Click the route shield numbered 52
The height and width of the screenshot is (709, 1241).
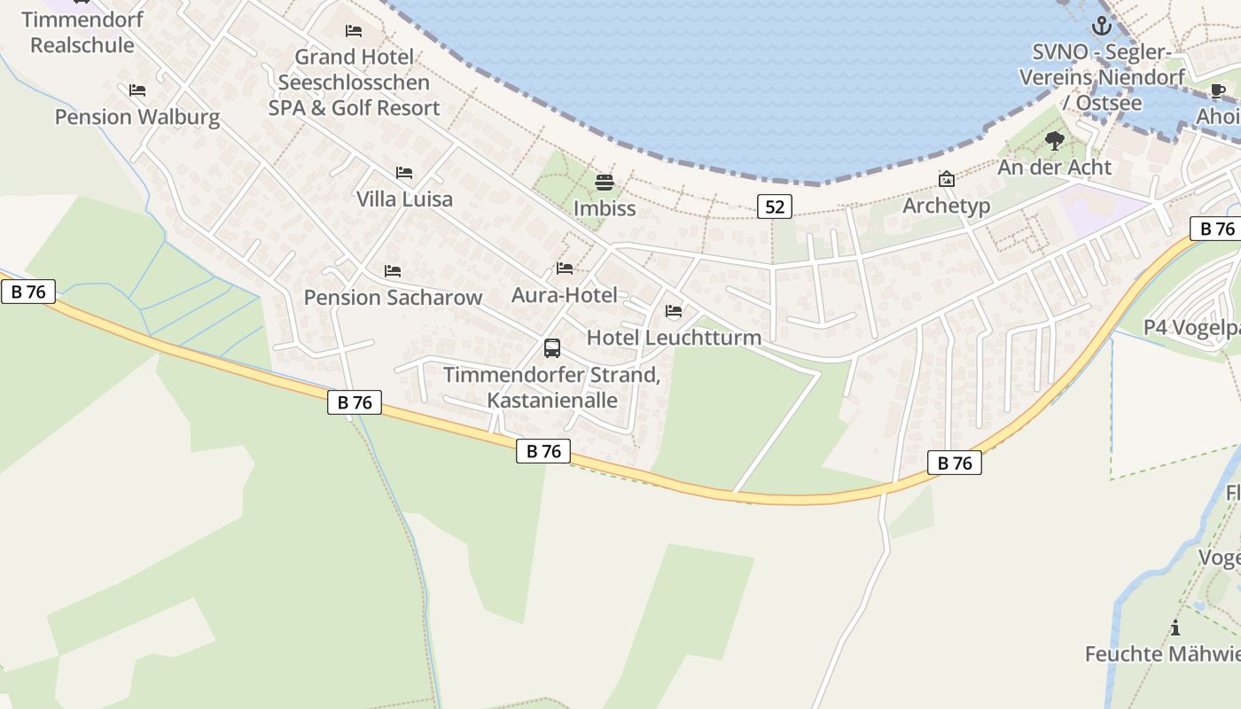pos(775,206)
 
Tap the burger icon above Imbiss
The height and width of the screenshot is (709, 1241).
pos(605,183)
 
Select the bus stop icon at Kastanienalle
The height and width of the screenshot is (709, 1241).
pos(552,348)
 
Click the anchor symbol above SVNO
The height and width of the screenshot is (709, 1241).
pos(1101,26)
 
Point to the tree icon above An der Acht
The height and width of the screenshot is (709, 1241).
pos(1054,141)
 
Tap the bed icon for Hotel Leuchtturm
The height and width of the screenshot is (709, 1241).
pos(674,311)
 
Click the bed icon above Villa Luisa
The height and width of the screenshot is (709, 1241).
pos(404,173)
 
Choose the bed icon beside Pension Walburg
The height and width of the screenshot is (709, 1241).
pos(137,90)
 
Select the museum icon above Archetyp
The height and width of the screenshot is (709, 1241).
pos(947,180)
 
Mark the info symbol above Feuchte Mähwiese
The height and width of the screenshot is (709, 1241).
pos(1175,629)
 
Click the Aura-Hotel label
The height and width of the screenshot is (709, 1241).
pos(565,295)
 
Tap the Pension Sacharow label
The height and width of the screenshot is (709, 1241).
pos(393,298)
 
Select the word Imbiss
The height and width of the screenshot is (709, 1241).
pos(605,209)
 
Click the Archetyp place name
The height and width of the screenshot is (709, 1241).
pos(946,206)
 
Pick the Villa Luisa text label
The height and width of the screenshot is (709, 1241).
pos(404,199)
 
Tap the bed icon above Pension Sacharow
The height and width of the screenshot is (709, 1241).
pos(393,271)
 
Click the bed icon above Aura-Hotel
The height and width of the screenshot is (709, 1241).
pos(565,269)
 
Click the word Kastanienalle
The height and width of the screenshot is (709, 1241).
pos(552,400)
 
